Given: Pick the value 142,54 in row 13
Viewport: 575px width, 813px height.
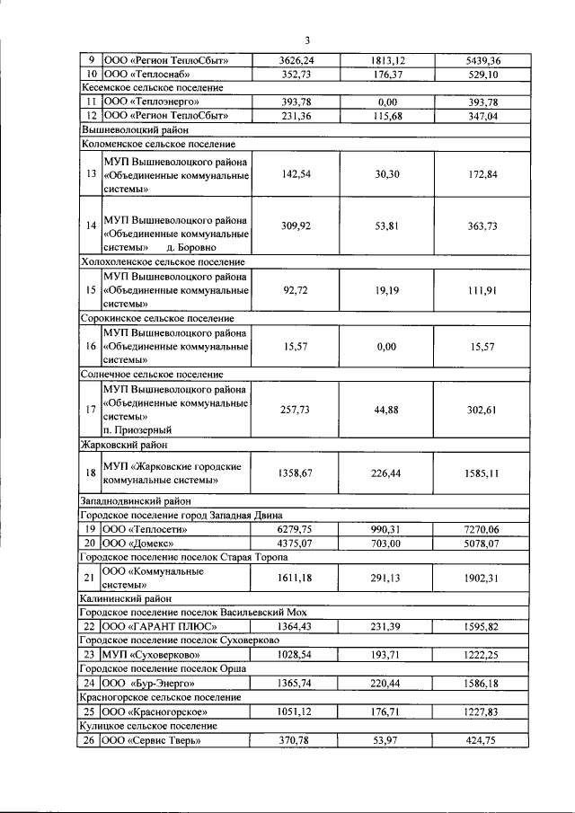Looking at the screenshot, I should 296,174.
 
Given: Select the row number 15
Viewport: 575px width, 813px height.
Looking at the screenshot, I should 90,291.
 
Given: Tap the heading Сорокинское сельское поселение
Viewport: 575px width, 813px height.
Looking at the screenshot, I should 157,318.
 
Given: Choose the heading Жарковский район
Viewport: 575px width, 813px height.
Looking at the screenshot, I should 123,444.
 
